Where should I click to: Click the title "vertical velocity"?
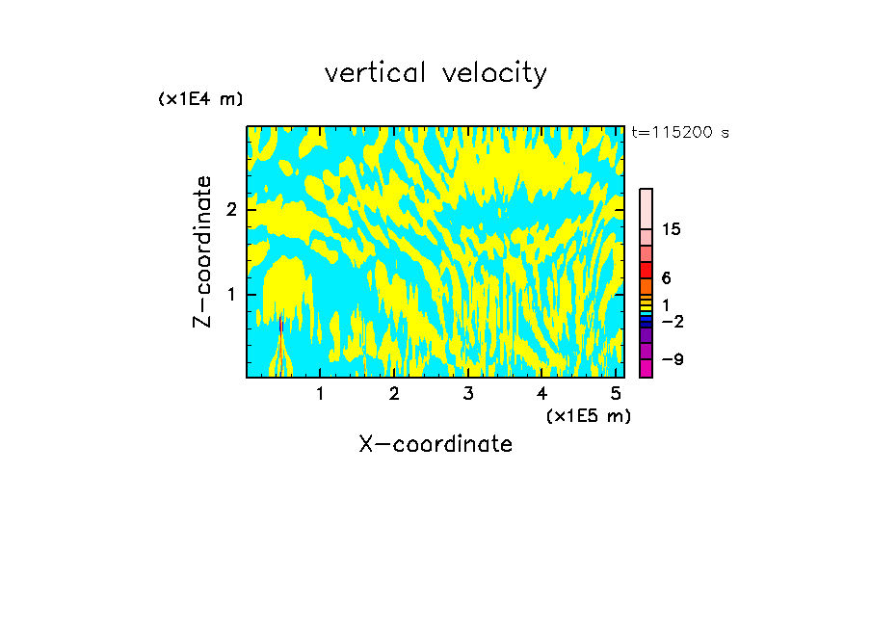(x=435, y=73)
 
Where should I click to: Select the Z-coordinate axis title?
(x=202, y=251)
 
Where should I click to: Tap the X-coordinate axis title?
(x=435, y=444)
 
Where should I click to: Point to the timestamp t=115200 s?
(x=680, y=133)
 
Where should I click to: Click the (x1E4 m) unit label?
(x=200, y=99)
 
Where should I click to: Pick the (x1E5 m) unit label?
(x=588, y=415)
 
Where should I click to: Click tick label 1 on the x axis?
(x=321, y=394)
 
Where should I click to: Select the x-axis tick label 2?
(x=394, y=394)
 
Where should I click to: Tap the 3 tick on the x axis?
(x=468, y=394)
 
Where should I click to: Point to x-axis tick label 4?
(x=541, y=394)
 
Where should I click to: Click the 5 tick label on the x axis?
(x=616, y=394)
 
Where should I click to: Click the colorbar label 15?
(x=672, y=229)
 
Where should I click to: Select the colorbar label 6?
(x=667, y=278)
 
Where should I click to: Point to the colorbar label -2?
(x=672, y=321)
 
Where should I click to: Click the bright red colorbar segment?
(x=647, y=270)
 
